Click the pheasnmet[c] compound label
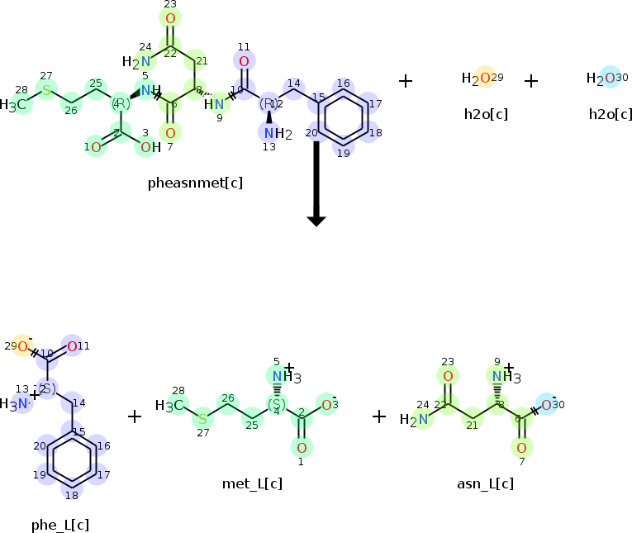194,182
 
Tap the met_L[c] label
252,483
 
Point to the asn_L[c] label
485,483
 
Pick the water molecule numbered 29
484,79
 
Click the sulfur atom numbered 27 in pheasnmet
46,89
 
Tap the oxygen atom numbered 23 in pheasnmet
170,17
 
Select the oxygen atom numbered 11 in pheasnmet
244,61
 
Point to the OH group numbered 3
147,147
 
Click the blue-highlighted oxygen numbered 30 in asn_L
546,404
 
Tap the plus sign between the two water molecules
531,81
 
